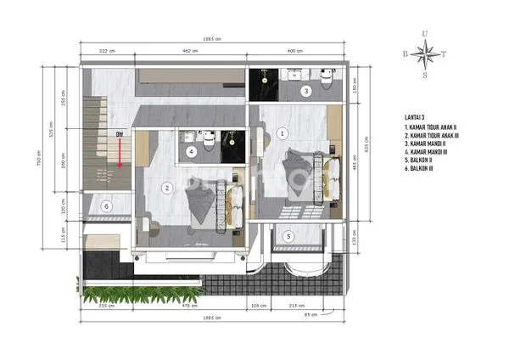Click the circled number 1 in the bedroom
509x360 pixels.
[x=282, y=132]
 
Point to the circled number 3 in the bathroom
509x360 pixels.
[x=306, y=90]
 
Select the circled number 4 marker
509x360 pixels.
[x=192, y=152]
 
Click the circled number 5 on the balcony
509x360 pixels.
[x=288, y=236]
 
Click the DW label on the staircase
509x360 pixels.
[x=120, y=134]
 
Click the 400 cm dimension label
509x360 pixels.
[x=294, y=50]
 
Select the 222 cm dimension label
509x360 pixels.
[x=106, y=50]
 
